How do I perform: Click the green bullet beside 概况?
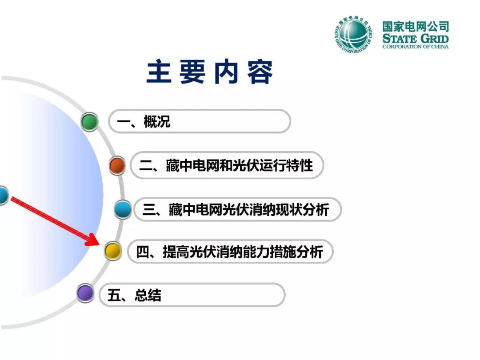(x=90, y=121)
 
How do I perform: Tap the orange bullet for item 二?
(x=117, y=165)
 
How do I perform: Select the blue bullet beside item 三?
(x=123, y=209)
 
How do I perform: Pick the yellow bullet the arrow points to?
(x=112, y=251)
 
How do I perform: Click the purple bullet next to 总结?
(x=85, y=293)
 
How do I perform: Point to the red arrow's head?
(x=93, y=240)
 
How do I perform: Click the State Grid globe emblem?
(x=354, y=34)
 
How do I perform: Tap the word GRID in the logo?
(x=434, y=39)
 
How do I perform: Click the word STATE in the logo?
(x=400, y=39)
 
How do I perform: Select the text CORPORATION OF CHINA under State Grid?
(x=416, y=47)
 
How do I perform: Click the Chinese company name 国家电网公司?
(x=416, y=26)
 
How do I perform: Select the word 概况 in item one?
(x=157, y=121)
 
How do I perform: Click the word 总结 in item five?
(x=148, y=296)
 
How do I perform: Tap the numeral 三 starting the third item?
(x=149, y=210)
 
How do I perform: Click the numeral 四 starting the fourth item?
(x=143, y=252)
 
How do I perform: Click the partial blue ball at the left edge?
(x=4, y=195)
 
